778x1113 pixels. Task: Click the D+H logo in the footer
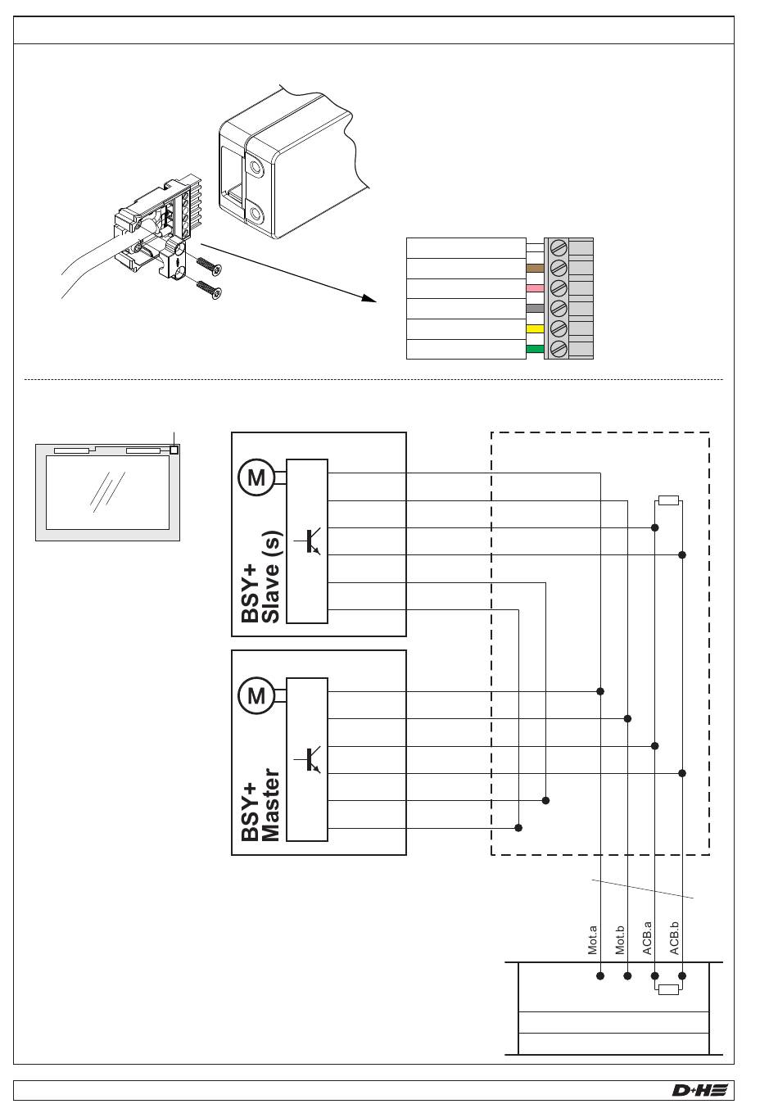click(x=699, y=1089)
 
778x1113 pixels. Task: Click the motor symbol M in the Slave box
click(x=256, y=477)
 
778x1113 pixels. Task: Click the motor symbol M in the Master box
click(x=256, y=696)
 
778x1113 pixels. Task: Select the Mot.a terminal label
click(x=593, y=940)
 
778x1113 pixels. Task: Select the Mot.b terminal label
click(x=620, y=940)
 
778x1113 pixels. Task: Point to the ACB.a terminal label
click(x=647, y=939)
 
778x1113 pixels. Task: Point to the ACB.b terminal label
click(x=675, y=939)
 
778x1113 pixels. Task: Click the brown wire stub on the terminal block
click(x=535, y=268)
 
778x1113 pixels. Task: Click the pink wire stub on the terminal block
click(x=535, y=288)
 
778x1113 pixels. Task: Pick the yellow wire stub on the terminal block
click(x=535, y=329)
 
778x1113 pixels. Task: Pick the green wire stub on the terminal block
click(x=535, y=350)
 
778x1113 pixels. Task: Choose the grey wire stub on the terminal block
click(x=535, y=309)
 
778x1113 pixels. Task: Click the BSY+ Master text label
click(x=261, y=805)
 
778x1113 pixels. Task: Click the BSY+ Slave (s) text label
click(x=261, y=577)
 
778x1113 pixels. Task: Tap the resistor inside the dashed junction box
click(x=668, y=500)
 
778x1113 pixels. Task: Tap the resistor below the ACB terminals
click(x=668, y=989)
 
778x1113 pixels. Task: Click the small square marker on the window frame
click(x=174, y=450)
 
